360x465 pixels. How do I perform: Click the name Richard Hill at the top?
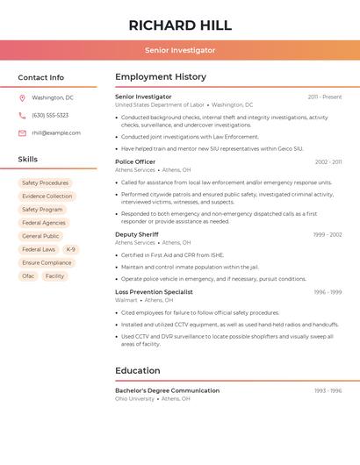click(180, 25)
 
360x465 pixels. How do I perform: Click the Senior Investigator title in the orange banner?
click(180, 51)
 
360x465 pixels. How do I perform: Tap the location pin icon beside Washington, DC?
click(22, 98)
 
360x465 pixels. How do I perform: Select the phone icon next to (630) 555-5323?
click(22, 116)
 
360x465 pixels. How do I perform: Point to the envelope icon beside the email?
click(22, 133)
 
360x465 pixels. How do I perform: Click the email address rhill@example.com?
click(56, 133)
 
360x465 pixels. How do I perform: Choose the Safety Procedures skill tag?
click(45, 183)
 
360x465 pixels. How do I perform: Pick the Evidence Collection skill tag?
click(47, 197)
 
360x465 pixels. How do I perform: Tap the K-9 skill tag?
click(70, 250)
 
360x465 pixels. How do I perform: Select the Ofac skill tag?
click(28, 276)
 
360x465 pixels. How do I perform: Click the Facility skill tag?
click(54, 276)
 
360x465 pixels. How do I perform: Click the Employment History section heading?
click(161, 77)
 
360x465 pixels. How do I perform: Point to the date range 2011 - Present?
click(324, 97)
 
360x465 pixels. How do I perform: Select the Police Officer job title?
click(135, 162)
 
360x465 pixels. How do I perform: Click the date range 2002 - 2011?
click(328, 162)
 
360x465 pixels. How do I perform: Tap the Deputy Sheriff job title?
click(137, 235)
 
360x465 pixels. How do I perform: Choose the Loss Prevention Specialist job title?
click(154, 292)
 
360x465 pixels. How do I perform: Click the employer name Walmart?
click(126, 300)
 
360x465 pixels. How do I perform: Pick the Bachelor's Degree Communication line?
click(168, 390)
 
